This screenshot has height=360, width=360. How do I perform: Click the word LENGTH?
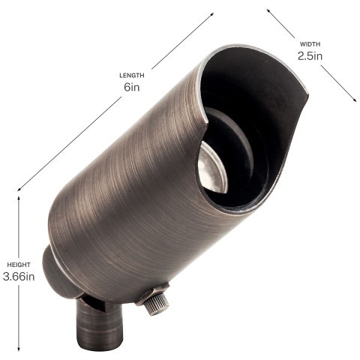tap(131, 75)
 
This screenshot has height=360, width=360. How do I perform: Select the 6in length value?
tap(131, 87)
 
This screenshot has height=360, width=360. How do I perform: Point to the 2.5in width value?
tap(309, 57)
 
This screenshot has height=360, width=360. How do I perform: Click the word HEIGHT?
tap(19, 265)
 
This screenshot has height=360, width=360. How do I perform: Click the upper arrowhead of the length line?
tap(213, 13)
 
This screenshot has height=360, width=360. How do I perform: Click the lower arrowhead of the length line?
tap(18, 187)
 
